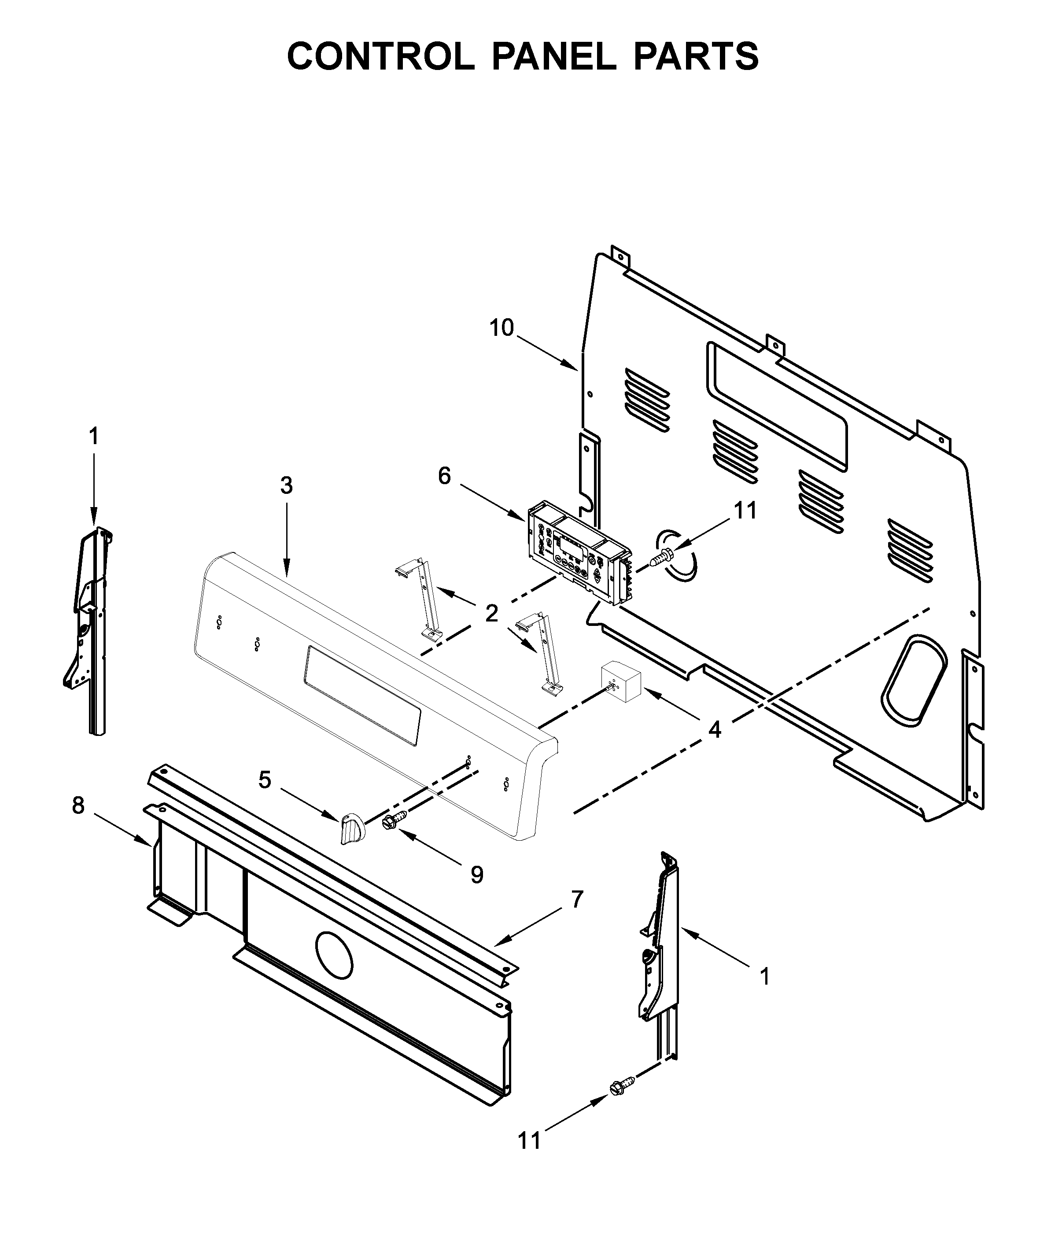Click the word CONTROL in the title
[x=380, y=57]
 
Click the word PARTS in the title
[x=696, y=57]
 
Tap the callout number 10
[x=502, y=328]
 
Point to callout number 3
[x=287, y=485]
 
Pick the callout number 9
[x=476, y=875]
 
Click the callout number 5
[x=265, y=780]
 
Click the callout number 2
[x=491, y=613]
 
